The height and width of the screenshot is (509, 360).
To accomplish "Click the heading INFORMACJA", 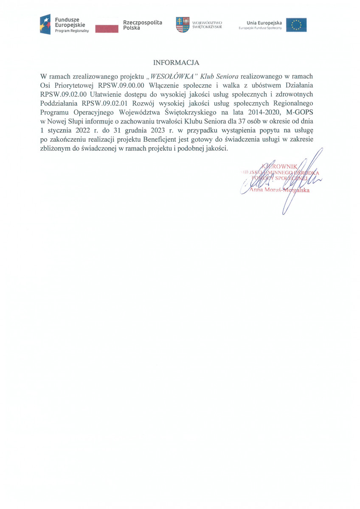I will [x=176, y=63].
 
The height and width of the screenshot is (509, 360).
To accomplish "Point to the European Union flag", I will [x=296, y=25].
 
